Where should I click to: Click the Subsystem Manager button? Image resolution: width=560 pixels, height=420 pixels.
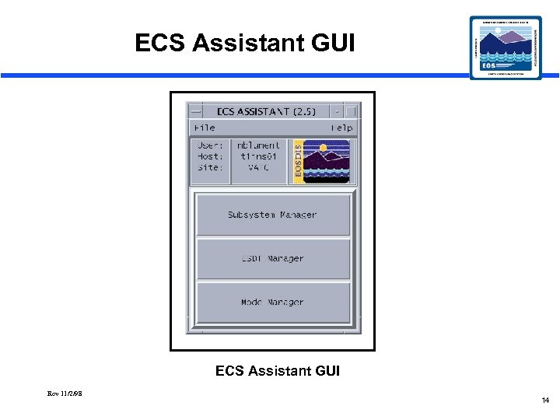(x=272, y=215)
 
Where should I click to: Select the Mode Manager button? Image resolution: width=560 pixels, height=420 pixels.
(x=272, y=303)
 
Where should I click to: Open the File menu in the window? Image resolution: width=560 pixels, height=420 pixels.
(x=205, y=128)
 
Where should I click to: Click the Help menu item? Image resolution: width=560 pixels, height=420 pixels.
(x=341, y=128)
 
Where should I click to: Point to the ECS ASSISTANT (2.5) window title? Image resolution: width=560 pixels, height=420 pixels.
(x=266, y=111)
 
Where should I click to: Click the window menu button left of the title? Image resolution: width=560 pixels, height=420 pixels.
(x=195, y=111)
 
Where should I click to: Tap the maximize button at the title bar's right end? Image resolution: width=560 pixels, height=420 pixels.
(x=351, y=111)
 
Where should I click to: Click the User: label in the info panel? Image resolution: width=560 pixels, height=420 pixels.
(x=210, y=145)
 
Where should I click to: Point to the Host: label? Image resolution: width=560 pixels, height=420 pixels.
(x=210, y=156)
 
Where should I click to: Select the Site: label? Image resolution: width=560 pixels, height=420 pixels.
(x=210, y=167)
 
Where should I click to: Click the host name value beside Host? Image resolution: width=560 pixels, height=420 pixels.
(x=259, y=156)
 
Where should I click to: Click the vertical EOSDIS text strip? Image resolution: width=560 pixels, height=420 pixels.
(x=296, y=162)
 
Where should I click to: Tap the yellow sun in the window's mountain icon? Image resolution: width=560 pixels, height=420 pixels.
(x=323, y=148)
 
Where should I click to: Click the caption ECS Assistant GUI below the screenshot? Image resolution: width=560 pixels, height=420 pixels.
(x=278, y=371)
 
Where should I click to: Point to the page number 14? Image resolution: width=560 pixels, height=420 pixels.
(x=545, y=401)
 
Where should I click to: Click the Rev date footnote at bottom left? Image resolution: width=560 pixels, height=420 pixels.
(x=65, y=394)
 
